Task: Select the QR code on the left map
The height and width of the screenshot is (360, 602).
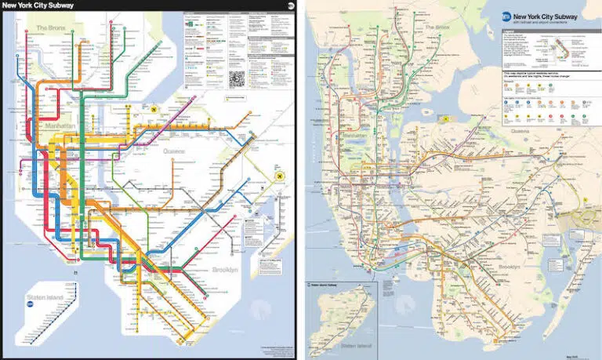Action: pyautogui.click(x=237, y=78)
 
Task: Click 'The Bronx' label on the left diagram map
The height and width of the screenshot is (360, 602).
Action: pyautogui.click(x=52, y=28)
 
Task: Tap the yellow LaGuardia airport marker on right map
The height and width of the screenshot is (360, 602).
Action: pyautogui.click(x=445, y=118)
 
